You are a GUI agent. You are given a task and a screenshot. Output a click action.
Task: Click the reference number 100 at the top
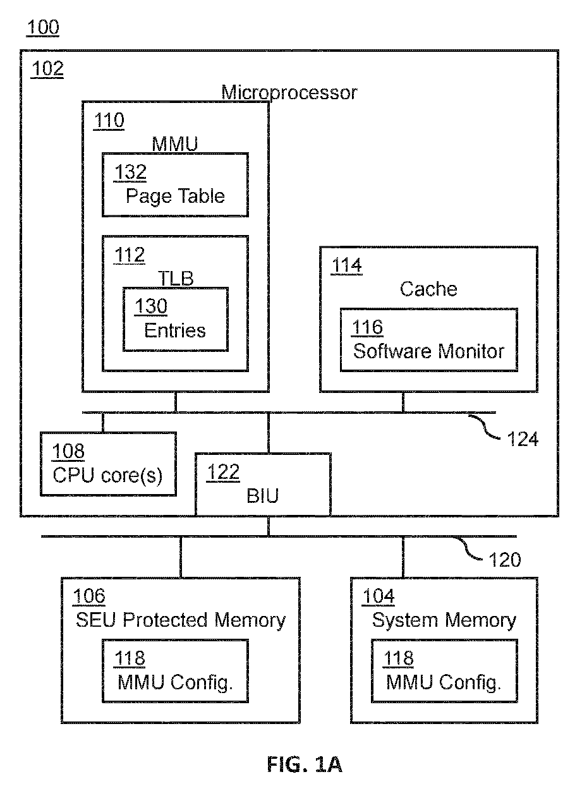click(x=43, y=28)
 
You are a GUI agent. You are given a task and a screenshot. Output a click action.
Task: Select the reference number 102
click(x=47, y=68)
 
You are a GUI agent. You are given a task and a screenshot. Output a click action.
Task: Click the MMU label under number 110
click(x=175, y=144)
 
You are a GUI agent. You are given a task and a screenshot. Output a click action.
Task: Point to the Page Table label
click(x=176, y=196)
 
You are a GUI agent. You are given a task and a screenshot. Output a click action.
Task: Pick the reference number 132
click(x=130, y=172)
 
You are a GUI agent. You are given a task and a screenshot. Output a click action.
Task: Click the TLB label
click(x=176, y=279)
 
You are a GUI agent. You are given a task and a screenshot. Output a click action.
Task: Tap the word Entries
click(x=175, y=331)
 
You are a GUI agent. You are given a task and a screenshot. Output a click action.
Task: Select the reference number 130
click(x=151, y=306)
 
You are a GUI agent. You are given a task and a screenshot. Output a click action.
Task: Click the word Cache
click(x=428, y=289)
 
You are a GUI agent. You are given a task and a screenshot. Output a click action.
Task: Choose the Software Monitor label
click(x=428, y=352)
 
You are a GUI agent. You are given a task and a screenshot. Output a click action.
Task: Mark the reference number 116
click(x=367, y=327)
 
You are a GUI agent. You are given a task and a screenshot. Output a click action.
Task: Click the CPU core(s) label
click(x=107, y=476)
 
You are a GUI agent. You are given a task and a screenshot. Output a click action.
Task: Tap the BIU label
click(x=262, y=496)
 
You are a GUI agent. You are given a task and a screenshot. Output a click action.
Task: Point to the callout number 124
click(x=523, y=439)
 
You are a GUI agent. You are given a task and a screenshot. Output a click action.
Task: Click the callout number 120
click(x=505, y=560)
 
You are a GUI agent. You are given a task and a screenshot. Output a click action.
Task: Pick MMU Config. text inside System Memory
click(x=444, y=682)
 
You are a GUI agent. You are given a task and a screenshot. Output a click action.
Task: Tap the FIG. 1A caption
click(x=305, y=764)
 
